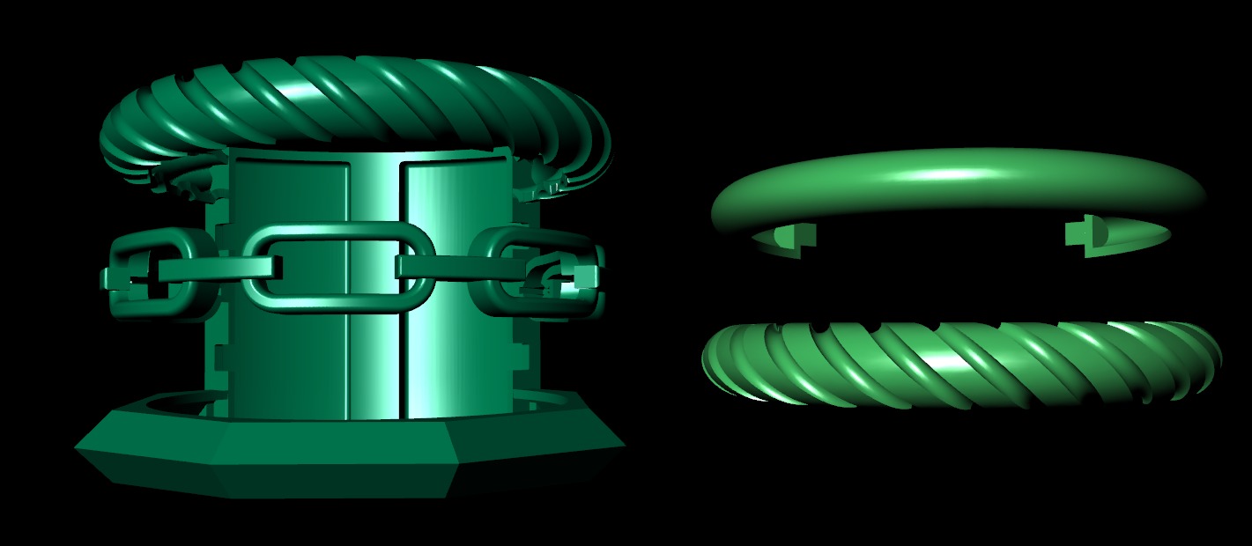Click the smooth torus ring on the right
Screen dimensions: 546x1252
click(x=956, y=181)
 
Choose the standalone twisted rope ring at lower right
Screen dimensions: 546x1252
click(x=960, y=365)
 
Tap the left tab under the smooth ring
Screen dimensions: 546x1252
click(x=784, y=236)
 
